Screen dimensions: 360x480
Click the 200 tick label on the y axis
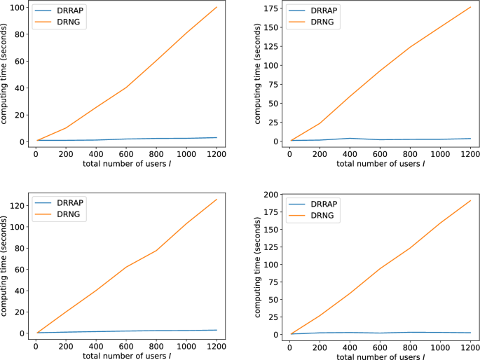[x=270, y=194]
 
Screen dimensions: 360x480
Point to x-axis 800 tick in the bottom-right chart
[x=409, y=346]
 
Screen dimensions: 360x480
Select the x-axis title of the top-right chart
[x=380, y=164]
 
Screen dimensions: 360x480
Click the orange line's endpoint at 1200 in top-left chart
[x=217, y=8]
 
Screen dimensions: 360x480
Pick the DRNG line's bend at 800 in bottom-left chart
[x=156, y=250]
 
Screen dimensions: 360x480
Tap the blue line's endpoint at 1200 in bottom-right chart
[x=470, y=333]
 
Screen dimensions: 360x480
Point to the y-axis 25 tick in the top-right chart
[x=273, y=122]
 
